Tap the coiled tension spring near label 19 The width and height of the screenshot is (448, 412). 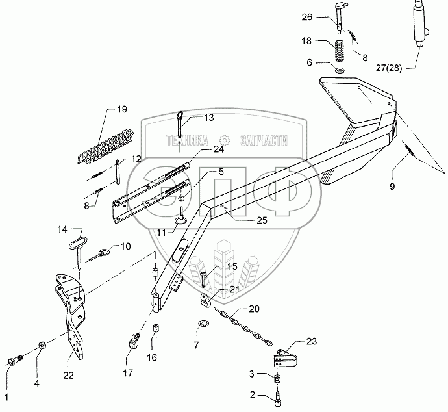point(105,147)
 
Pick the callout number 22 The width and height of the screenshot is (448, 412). point(69,375)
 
